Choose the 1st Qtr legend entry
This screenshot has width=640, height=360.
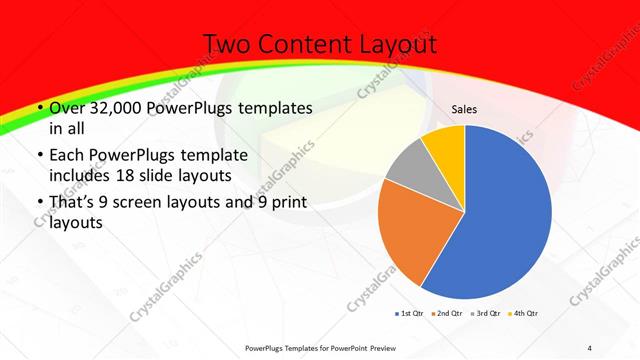point(411,314)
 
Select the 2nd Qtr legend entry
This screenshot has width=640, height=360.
point(446,314)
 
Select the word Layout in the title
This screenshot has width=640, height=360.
point(398,44)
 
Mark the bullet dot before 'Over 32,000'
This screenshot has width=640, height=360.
point(38,108)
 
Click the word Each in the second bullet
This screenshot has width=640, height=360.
point(67,155)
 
